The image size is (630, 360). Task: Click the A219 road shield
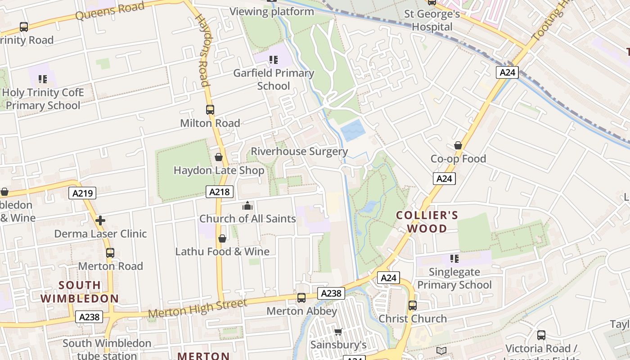pyautogui.click(x=83, y=193)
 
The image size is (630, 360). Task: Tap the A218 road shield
pyautogui.click(x=220, y=192)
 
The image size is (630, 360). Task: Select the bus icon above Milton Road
pyautogui.click(x=210, y=109)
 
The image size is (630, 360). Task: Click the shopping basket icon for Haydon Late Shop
pyautogui.click(x=219, y=157)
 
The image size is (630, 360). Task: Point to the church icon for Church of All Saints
pyautogui.click(x=247, y=206)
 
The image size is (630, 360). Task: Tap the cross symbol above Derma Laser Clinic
pyautogui.click(x=100, y=220)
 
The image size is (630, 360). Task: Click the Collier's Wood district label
pyautogui.click(x=427, y=222)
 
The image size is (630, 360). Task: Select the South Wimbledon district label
pyautogui.click(x=80, y=292)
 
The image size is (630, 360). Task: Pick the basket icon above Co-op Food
pyautogui.click(x=458, y=145)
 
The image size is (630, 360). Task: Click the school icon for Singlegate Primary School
pyautogui.click(x=454, y=259)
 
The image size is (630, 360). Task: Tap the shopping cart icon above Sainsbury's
pyautogui.click(x=338, y=332)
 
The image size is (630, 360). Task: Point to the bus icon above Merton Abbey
pyautogui.click(x=301, y=298)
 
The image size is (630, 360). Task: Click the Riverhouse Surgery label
pyautogui.click(x=299, y=152)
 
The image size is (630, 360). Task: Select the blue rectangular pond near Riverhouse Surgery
pyautogui.click(x=353, y=130)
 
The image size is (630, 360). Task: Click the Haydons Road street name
pyautogui.click(x=203, y=49)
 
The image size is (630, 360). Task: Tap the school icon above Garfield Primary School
pyautogui.click(x=273, y=59)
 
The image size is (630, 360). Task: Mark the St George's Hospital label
pyautogui.click(x=432, y=20)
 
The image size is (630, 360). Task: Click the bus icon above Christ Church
pyautogui.click(x=413, y=306)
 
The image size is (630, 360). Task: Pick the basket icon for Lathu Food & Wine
pyautogui.click(x=222, y=238)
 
